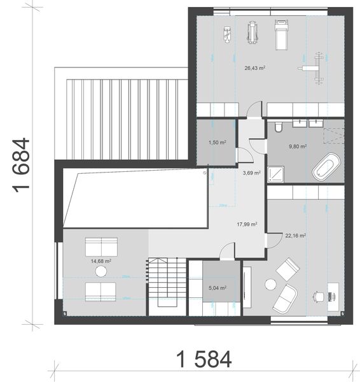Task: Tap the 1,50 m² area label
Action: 218,143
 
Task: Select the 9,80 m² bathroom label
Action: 298,146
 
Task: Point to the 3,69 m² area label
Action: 251,173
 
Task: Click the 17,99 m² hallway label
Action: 247,224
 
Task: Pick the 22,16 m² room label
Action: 296,236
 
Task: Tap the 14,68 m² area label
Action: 101,260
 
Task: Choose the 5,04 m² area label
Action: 218,288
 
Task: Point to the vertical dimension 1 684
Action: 20,165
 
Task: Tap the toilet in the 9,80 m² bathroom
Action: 278,129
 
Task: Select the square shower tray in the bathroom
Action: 277,172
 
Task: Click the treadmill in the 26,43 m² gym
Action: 280,34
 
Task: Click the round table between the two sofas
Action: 100,272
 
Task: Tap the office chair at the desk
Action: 317,296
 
